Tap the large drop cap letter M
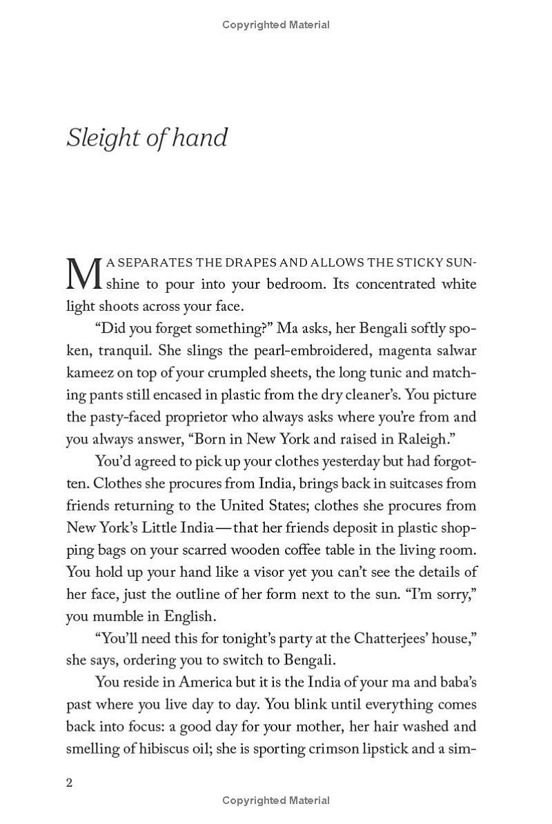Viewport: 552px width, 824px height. pos(83,274)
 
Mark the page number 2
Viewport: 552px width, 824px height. pos(69,783)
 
